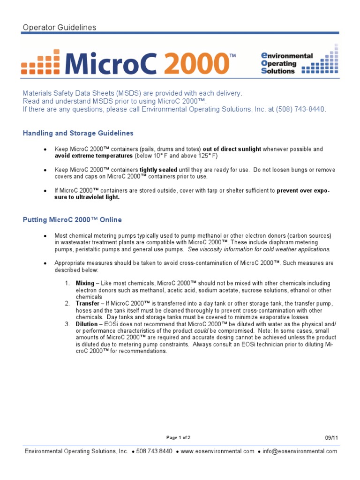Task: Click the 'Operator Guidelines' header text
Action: (60, 27)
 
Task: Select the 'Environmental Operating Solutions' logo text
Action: (286, 63)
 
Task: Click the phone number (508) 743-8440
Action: (302, 109)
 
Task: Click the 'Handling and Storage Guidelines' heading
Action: (78, 133)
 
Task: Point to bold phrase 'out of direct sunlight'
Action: (232, 149)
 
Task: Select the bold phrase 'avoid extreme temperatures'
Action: (94, 156)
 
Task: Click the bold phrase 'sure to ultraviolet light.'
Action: (87, 197)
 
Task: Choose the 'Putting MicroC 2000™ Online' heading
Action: (72, 220)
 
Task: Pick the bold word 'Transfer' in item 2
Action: (88, 304)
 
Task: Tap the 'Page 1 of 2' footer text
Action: (178, 437)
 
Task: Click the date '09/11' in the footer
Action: (331, 438)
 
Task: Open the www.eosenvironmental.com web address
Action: (217, 451)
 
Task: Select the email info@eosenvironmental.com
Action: (300, 451)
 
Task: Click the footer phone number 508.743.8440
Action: (155, 451)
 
